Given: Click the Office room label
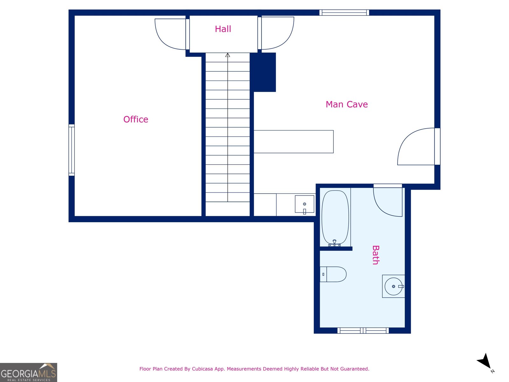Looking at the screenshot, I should click(136, 119).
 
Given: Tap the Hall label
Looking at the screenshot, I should click(223, 29).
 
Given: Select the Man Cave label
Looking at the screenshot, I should click(346, 104).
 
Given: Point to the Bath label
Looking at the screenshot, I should click(376, 255).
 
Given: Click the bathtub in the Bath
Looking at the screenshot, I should click(335, 217).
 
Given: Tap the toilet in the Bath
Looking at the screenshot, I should click(333, 274).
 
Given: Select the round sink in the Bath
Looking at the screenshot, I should click(394, 286).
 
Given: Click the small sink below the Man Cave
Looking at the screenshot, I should click(304, 204).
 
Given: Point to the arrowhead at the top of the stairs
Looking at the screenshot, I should click(228, 55).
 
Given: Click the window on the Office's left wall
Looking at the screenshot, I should click(72, 150).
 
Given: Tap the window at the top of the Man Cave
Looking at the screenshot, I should click(344, 13).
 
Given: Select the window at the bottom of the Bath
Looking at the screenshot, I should click(363, 331).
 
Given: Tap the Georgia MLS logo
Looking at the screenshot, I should click(29, 372).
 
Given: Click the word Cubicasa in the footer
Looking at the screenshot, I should click(202, 369).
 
